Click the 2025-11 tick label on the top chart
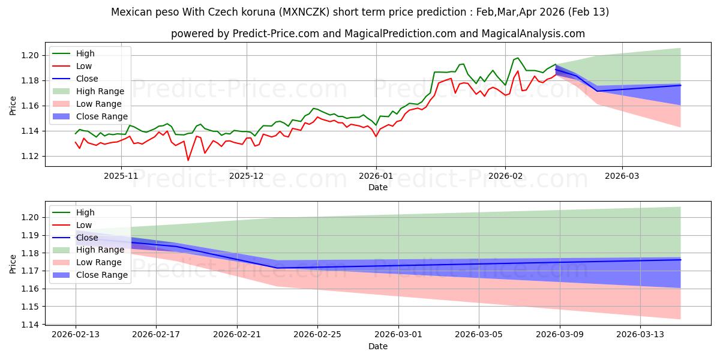[x=121, y=176]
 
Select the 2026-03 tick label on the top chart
[x=622, y=176]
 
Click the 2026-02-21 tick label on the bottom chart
[x=237, y=335]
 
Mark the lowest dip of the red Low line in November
[x=188, y=160]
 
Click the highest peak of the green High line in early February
[x=518, y=58]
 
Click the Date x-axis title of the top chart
[x=378, y=187]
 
